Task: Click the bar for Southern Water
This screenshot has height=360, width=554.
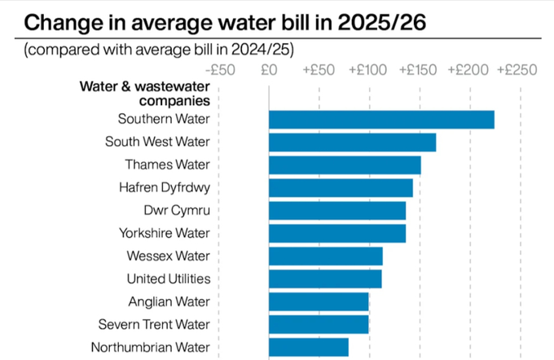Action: [x=381, y=119]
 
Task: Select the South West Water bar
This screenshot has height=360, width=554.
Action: [x=352, y=142]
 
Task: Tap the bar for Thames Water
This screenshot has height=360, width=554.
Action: [x=345, y=165]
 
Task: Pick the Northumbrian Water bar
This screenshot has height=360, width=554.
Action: [x=309, y=347]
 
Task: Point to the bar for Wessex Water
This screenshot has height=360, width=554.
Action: [x=325, y=256]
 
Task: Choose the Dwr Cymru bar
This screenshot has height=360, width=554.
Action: [x=337, y=210]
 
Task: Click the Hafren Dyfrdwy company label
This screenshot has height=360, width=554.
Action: [x=165, y=187]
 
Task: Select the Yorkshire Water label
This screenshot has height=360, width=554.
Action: [x=165, y=233]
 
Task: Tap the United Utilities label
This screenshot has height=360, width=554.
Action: [x=169, y=279]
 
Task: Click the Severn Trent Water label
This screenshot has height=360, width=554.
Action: [x=160, y=324]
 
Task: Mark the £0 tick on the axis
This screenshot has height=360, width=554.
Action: [x=270, y=70]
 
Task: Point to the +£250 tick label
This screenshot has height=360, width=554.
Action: [x=517, y=70]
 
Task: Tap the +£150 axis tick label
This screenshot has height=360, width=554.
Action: [x=419, y=70]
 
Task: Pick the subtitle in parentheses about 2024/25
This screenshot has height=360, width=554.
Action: [x=159, y=50]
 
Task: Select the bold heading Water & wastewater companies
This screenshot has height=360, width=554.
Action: [x=145, y=94]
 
